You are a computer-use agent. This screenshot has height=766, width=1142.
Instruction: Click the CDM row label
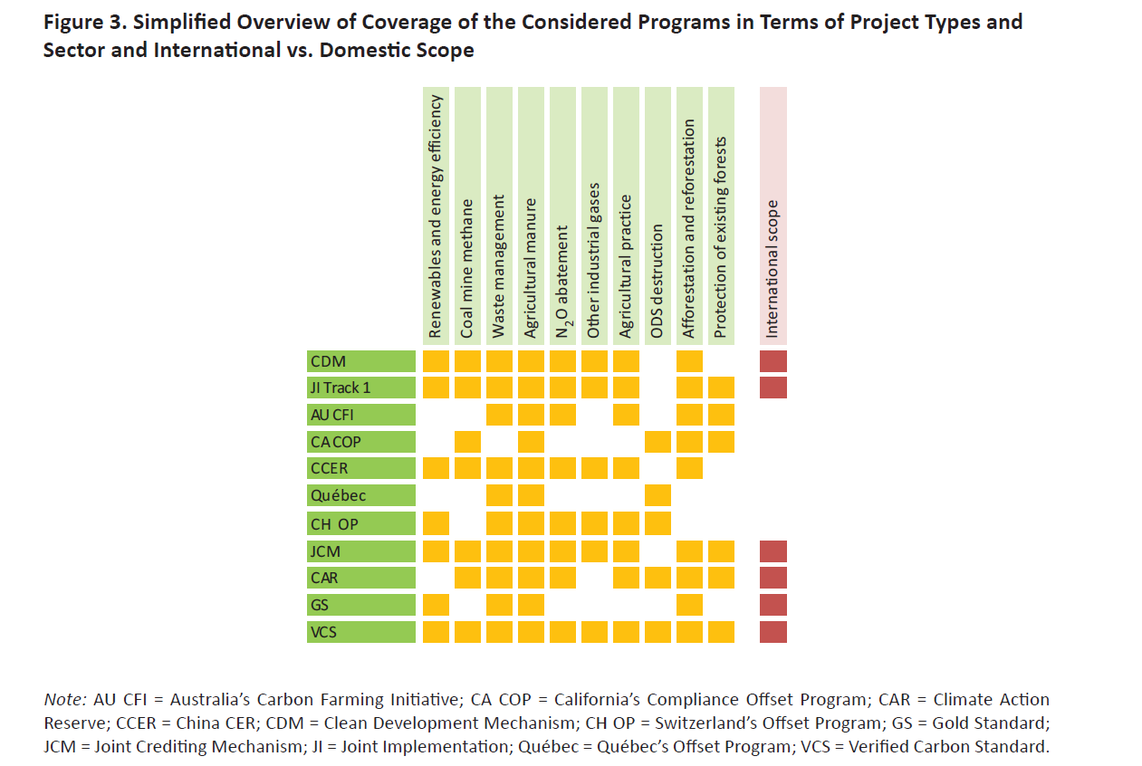pyautogui.click(x=361, y=361)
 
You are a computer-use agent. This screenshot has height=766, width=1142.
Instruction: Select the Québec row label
pyautogui.click(x=361, y=495)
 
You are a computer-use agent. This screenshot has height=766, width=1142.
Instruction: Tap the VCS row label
pyautogui.click(x=361, y=632)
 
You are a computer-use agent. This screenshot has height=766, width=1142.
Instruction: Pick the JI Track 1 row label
pyautogui.click(x=361, y=388)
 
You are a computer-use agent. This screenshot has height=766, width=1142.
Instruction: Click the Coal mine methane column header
pyautogui.click(x=467, y=216)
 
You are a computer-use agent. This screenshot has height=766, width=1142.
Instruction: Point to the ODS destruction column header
pyautogui.click(x=657, y=216)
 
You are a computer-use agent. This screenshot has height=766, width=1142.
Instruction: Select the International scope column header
pyautogui.click(x=773, y=216)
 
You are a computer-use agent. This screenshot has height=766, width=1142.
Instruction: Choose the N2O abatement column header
pyautogui.click(x=562, y=216)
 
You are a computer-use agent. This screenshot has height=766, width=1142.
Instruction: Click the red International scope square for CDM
pyautogui.click(x=773, y=361)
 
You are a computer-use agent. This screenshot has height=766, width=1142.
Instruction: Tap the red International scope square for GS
pyautogui.click(x=773, y=605)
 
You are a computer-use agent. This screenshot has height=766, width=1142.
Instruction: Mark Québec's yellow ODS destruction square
pyautogui.click(x=657, y=495)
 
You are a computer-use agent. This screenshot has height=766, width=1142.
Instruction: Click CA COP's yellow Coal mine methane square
pyautogui.click(x=467, y=442)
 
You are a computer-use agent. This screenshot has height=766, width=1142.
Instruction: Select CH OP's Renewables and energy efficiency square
pyautogui.click(x=436, y=523)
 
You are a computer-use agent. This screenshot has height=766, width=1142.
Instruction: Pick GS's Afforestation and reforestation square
pyautogui.click(x=689, y=605)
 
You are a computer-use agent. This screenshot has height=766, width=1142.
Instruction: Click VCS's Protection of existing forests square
pyautogui.click(x=722, y=632)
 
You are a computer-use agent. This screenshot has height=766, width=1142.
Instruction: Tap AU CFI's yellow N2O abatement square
pyautogui.click(x=562, y=415)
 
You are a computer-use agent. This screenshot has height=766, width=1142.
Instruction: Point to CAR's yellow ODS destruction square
pyautogui.click(x=657, y=578)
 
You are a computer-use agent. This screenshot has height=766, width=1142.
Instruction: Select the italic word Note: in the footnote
pyautogui.click(x=65, y=700)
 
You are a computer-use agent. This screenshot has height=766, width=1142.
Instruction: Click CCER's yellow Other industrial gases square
pyautogui.click(x=594, y=468)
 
